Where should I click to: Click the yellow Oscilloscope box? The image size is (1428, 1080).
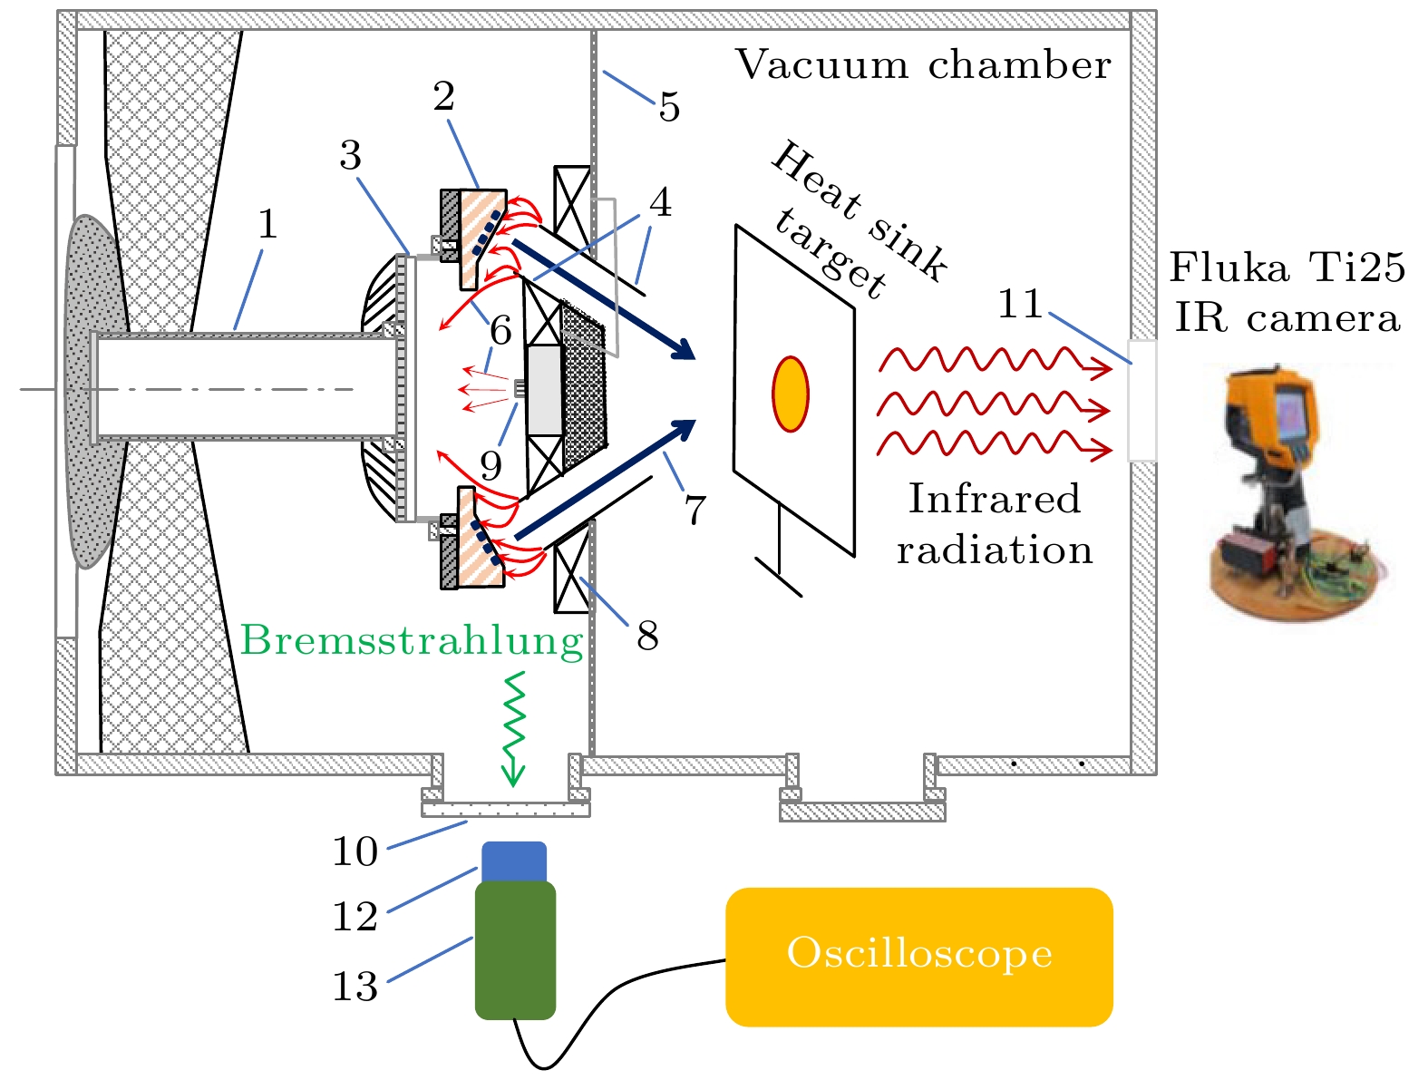point(918,956)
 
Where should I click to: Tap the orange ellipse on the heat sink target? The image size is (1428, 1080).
point(790,394)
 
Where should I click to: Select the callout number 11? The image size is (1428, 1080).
point(1020,304)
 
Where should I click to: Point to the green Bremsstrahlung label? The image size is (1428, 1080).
point(412,640)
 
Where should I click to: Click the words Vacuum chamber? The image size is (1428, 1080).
point(922,65)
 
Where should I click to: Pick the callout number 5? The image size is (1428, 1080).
point(669,107)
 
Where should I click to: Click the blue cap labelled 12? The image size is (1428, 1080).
point(514,861)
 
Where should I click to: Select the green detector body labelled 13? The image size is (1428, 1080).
point(515,950)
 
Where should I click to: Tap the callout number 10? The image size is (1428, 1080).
point(355,851)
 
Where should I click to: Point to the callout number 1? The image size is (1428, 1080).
point(267,224)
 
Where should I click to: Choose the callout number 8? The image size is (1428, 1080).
point(647,636)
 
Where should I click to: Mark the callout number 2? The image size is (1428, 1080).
point(443,96)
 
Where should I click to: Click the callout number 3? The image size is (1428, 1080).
point(351,156)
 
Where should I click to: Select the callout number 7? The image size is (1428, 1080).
point(695,510)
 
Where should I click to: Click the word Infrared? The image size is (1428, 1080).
point(995,499)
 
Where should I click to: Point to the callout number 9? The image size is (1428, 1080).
point(491,465)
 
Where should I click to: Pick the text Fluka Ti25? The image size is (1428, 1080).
point(1287,268)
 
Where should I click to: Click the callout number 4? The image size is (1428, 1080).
point(660,202)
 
